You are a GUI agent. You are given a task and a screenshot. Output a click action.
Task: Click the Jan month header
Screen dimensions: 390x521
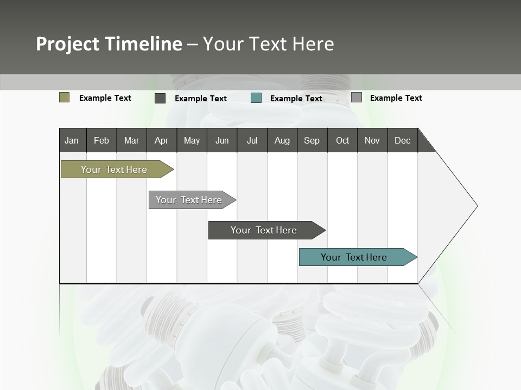tap(72, 140)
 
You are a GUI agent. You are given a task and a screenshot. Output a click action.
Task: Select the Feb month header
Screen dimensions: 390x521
tap(101, 140)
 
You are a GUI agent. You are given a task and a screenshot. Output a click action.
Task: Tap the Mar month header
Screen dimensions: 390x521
tap(131, 140)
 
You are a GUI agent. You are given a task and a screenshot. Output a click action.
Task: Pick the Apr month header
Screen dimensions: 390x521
tap(162, 140)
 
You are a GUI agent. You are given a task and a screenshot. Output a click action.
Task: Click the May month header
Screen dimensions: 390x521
tap(192, 140)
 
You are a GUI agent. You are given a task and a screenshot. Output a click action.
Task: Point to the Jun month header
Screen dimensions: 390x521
tap(222, 140)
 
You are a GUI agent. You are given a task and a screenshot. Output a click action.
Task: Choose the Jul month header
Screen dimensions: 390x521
tap(252, 140)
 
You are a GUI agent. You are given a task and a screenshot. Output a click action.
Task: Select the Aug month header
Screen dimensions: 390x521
tap(282, 140)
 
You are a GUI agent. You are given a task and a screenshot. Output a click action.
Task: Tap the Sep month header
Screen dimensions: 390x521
tap(312, 140)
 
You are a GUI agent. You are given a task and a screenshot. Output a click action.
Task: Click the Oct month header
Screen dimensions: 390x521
tap(342, 140)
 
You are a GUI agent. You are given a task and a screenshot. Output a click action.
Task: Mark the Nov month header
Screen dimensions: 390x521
tap(372, 140)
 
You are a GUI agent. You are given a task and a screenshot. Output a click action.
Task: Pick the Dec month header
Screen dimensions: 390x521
tap(403, 140)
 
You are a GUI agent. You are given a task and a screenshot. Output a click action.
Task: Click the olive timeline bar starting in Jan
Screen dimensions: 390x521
tap(115, 170)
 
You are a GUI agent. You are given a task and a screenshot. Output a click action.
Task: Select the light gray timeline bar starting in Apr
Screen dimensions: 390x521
tap(189, 200)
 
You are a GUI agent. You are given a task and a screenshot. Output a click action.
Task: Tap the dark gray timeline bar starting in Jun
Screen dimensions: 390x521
tap(264, 230)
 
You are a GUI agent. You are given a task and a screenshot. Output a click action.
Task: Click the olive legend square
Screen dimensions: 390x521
tap(65, 97)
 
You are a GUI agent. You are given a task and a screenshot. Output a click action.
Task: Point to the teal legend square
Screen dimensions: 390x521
tap(256, 98)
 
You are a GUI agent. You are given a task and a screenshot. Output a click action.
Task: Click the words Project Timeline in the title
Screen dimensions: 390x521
tap(109, 44)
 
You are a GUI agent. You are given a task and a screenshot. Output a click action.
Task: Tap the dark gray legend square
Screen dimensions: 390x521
tap(160, 98)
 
